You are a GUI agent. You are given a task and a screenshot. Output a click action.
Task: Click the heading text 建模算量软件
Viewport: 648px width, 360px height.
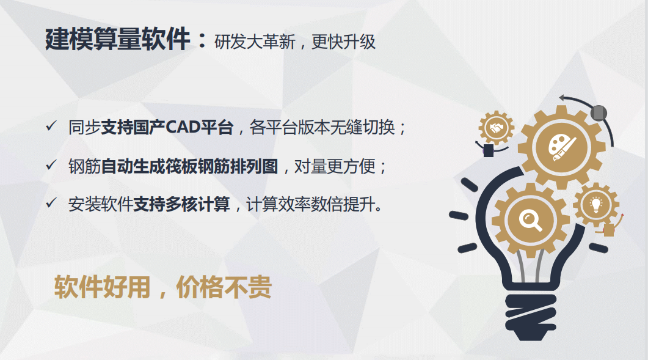[x=117, y=39]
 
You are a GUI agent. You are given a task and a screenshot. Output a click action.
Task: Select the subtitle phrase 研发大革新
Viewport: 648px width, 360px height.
[x=255, y=42]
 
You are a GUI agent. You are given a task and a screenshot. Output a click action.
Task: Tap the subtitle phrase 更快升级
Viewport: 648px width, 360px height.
[x=343, y=42]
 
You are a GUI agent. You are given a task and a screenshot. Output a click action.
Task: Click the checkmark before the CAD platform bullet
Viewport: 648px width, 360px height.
[x=51, y=126]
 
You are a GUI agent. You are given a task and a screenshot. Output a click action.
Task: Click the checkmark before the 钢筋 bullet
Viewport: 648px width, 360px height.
[x=51, y=166]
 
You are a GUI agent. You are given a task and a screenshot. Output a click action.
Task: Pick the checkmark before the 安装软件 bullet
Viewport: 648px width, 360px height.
[x=51, y=203]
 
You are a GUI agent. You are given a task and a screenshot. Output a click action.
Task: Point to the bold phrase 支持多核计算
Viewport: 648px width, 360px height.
[x=181, y=204]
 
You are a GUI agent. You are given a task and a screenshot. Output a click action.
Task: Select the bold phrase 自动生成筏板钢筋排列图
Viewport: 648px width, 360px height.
[x=189, y=166]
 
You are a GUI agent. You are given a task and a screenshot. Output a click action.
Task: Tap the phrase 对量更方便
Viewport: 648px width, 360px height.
[x=335, y=166]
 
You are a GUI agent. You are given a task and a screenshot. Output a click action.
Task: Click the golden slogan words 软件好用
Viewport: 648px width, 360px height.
[x=102, y=287]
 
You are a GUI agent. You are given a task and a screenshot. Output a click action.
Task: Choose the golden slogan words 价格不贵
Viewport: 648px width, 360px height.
[x=224, y=287]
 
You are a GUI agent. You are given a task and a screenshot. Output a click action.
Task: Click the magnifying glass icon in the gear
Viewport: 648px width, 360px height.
[x=530, y=220]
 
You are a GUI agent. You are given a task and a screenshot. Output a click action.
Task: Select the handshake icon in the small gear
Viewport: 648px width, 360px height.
[x=497, y=128]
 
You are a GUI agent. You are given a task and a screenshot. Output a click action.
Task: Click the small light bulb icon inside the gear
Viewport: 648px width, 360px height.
[x=595, y=204]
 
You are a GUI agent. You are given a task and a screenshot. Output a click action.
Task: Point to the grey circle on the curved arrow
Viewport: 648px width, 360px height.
[x=599, y=113]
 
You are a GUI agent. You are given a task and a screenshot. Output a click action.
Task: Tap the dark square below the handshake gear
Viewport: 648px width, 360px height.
[x=489, y=150]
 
